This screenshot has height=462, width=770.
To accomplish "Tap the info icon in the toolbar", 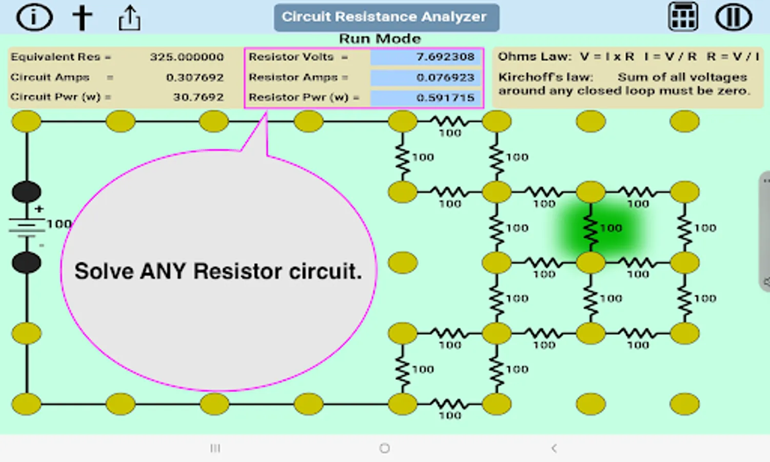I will (x=34, y=17).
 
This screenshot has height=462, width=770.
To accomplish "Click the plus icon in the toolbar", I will (x=82, y=17).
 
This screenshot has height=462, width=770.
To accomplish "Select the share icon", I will (x=129, y=18).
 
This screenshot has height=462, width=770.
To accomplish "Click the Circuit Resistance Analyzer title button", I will (x=386, y=17).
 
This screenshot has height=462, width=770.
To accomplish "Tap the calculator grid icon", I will (x=683, y=17).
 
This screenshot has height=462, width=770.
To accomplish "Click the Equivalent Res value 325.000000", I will (x=187, y=57).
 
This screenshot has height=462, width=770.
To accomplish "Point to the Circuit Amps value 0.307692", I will (x=194, y=78).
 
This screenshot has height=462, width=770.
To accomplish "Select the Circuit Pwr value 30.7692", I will (x=198, y=97).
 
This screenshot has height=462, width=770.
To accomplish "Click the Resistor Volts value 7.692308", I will (x=444, y=57).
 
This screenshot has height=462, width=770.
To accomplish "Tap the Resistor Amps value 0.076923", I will (x=445, y=78).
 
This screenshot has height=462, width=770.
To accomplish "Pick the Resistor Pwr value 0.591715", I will (x=445, y=98).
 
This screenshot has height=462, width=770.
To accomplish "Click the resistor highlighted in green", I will (x=591, y=228).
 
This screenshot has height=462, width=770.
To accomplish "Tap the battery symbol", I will (x=27, y=226).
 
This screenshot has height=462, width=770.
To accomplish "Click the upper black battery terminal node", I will (x=27, y=192).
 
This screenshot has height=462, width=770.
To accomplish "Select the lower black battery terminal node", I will (x=27, y=263).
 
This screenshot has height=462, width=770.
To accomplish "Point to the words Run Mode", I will (x=380, y=39).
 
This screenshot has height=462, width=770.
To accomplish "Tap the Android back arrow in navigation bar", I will (x=554, y=448).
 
